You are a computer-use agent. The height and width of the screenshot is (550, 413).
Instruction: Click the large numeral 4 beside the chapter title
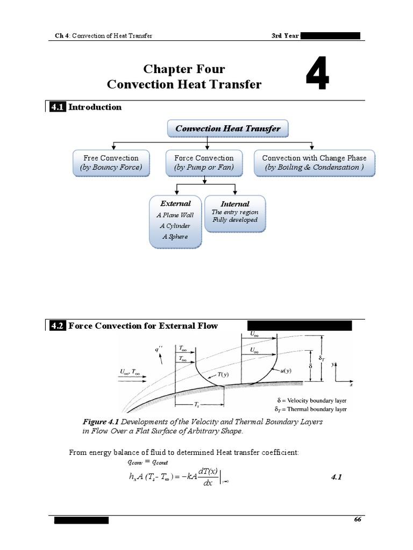(317, 76)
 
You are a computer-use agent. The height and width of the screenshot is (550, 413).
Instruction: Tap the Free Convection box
(111, 162)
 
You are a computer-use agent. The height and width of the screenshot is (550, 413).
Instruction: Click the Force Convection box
(204, 162)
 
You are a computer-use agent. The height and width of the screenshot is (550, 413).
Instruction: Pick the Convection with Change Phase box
(314, 162)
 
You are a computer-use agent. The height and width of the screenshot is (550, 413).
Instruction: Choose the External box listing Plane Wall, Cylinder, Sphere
(175, 221)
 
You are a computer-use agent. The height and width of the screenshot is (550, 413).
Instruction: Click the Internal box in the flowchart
(234, 213)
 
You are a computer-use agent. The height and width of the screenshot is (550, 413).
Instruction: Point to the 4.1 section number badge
(57, 107)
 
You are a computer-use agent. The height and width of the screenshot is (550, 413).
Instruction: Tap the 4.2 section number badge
(57, 325)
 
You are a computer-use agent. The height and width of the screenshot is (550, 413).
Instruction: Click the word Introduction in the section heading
(95, 107)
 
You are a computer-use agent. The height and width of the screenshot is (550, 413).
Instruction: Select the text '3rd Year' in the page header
(286, 36)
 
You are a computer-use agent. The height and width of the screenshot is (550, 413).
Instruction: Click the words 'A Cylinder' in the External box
(175, 226)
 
